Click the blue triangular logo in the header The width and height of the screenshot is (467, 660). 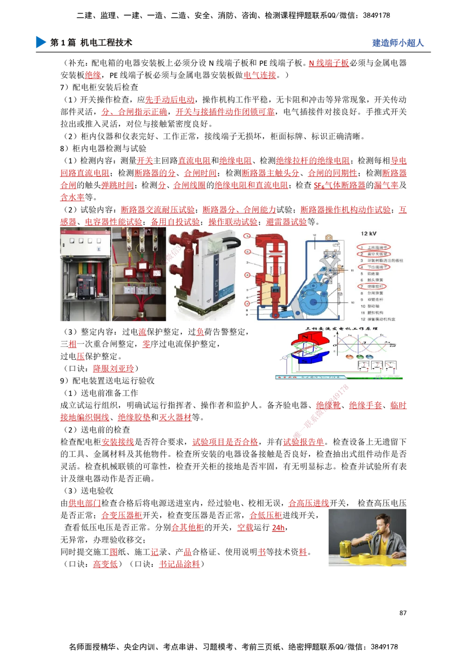[x=40, y=42]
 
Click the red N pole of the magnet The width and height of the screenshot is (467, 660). [x=306, y=338]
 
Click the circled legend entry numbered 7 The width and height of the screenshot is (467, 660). [x=373, y=286]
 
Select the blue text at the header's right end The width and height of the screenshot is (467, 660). [x=398, y=43]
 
